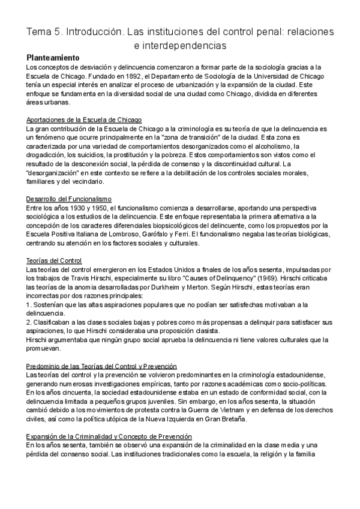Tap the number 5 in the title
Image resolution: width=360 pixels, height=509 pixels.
[64, 31]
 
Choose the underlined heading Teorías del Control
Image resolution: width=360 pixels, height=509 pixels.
[55, 260]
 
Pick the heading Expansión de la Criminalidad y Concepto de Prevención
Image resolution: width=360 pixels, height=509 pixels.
[109, 436]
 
